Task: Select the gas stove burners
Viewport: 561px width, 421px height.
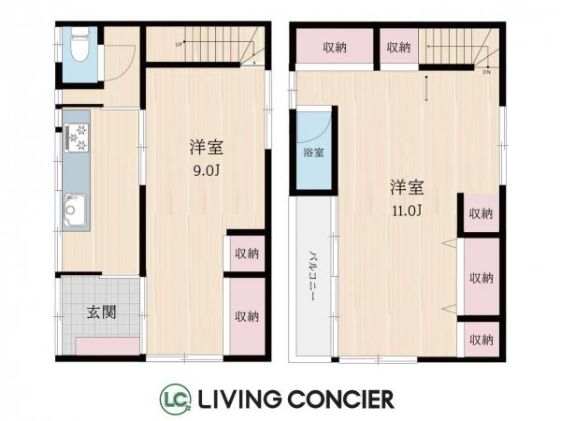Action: (76, 138)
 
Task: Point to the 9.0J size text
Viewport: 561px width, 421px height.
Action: (206, 171)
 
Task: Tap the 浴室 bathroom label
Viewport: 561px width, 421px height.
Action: (312, 152)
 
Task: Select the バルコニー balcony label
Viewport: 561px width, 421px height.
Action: (312, 278)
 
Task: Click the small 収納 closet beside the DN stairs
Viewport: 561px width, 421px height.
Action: (398, 48)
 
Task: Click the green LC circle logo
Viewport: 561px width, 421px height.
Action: (176, 398)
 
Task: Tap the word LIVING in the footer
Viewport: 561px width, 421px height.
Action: (237, 399)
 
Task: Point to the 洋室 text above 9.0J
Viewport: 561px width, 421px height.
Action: (206, 148)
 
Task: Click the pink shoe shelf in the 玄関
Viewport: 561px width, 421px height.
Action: (108, 347)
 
